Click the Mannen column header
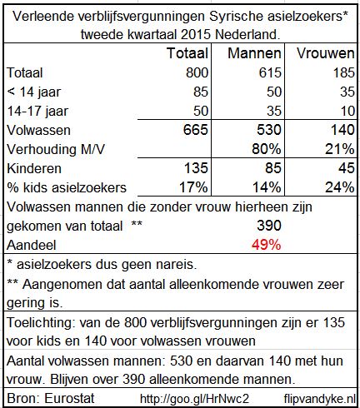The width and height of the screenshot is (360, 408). click(x=254, y=53)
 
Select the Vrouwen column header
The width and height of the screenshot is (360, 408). click(x=326, y=53)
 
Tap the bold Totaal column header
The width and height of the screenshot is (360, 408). click(x=187, y=53)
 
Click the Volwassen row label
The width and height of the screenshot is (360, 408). click(x=38, y=130)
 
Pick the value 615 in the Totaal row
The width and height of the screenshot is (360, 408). click(x=270, y=72)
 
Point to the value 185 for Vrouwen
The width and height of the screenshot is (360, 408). click(x=343, y=72)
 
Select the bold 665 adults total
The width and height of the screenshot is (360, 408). click(x=196, y=130)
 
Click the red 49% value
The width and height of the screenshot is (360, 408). click(x=267, y=245)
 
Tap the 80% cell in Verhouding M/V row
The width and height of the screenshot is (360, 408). click(x=267, y=149)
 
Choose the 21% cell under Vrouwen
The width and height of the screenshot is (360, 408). click(x=340, y=149)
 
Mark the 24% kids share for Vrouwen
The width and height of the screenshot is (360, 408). click(x=340, y=187)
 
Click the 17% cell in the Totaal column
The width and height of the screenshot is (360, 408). click(x=193, y=187)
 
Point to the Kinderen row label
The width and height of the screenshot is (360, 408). click(x=34, y=168)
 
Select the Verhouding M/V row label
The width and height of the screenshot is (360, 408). click(x=56, y=149)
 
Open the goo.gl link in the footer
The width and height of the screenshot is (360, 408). click(x=194, y=399)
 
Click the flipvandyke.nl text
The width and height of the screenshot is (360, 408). click(x=320, y=399)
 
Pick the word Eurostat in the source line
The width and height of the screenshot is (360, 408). click(x=69, y=399)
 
